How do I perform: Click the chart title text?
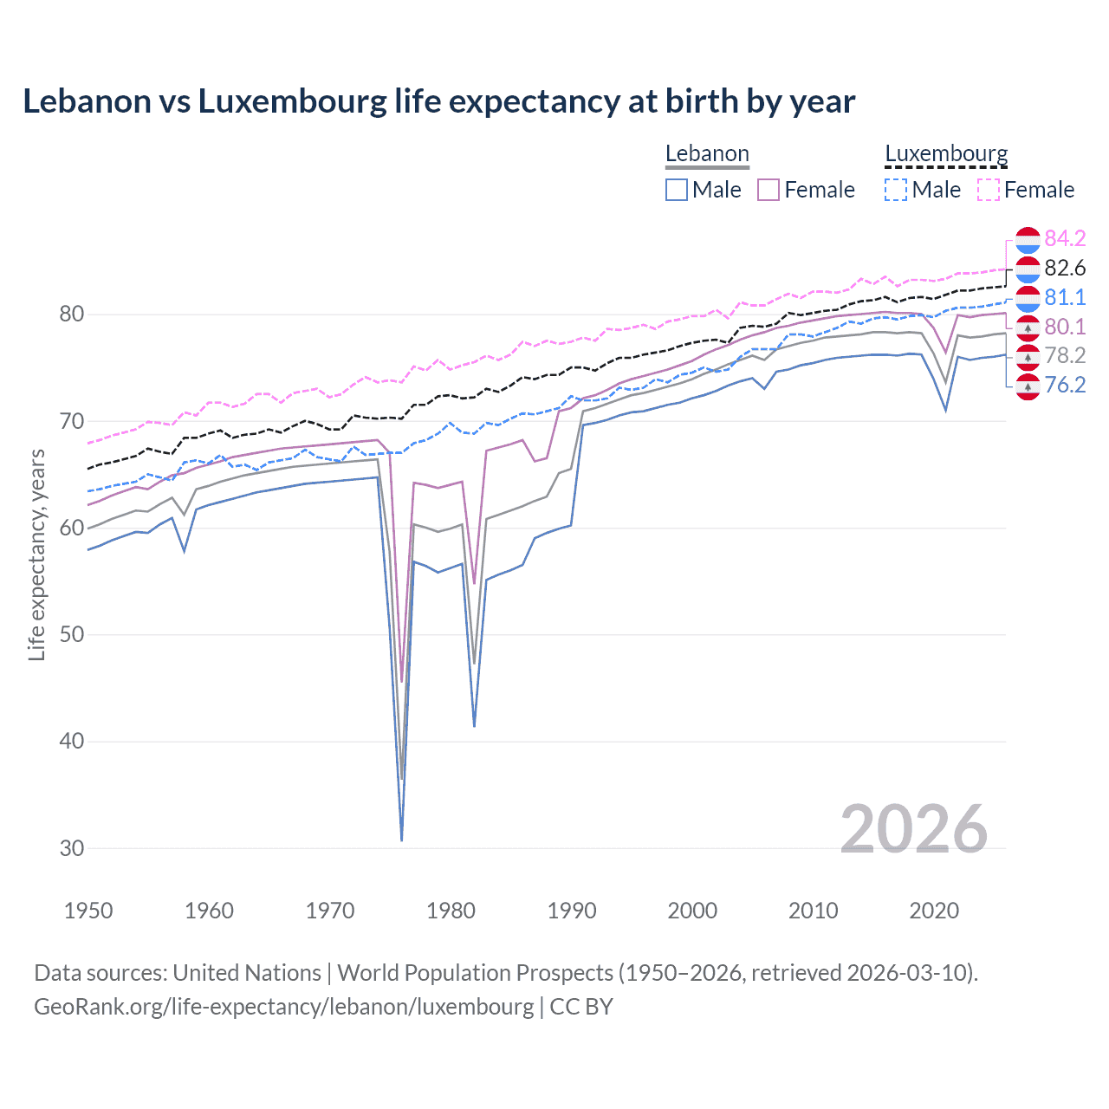[438, 101]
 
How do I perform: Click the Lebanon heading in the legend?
[707, 153]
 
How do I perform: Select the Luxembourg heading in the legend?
[946, 153]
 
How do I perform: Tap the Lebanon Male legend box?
[677, 190]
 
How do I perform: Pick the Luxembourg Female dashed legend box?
[989, 190]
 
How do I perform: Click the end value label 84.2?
[1065, 238]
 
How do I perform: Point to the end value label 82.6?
[1065, 268]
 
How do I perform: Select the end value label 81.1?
[1065, 297]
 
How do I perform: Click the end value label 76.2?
[1065, 385]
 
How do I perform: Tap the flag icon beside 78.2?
[1028, 355]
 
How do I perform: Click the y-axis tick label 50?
[72, 634]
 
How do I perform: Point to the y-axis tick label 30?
[72, 848]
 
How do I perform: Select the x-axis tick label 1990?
[572, 911]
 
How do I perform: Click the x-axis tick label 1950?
[89, 911]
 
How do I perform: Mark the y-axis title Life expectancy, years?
[36, 554]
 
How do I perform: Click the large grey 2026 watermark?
[913, 829]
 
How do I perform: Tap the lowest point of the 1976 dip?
[402, 840]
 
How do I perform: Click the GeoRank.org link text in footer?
[284, 1007]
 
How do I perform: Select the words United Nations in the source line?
[247, 973]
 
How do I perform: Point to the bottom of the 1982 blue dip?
[474, 725]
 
